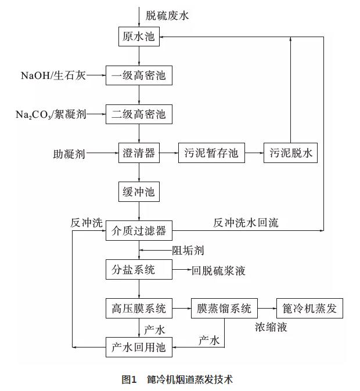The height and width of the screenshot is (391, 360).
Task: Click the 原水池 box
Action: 139,37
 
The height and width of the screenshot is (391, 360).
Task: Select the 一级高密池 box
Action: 139,75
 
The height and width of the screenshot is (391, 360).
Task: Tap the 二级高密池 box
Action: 139,114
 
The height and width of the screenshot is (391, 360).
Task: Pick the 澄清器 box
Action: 139,153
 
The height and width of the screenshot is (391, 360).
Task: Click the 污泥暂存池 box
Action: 211,153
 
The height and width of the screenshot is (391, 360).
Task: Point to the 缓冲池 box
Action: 139,192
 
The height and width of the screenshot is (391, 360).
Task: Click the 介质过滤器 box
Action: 139,231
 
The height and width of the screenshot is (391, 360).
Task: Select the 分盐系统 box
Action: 139,269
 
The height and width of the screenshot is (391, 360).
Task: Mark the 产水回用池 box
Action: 139,347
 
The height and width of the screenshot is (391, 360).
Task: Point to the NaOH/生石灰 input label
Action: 53,75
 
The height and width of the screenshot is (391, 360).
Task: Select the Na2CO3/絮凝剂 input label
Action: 51,115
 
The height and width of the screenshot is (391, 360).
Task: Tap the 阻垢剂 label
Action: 188,251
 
